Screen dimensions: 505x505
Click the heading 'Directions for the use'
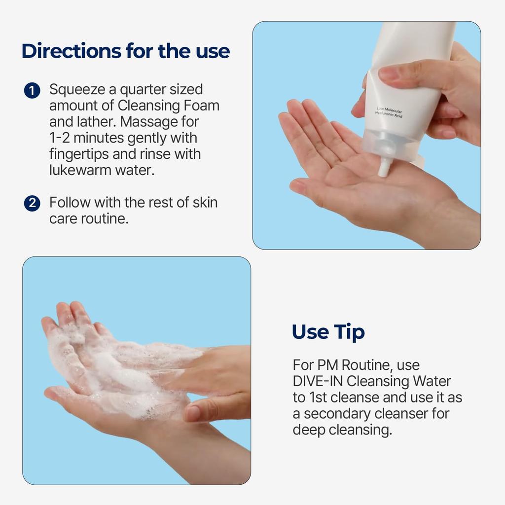(x=126, y=51)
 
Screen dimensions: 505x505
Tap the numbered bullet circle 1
(x=32, y=91)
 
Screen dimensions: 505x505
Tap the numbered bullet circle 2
(x=32, y=203)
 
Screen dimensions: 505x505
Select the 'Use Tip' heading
(x=328, y=332)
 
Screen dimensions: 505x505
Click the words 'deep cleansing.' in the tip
(x=342, y=430)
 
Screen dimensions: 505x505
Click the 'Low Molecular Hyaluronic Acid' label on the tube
(x=390, y=112)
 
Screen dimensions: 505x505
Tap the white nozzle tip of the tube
(x=383, y=169)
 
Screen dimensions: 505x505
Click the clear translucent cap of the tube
(x=390, y=145)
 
